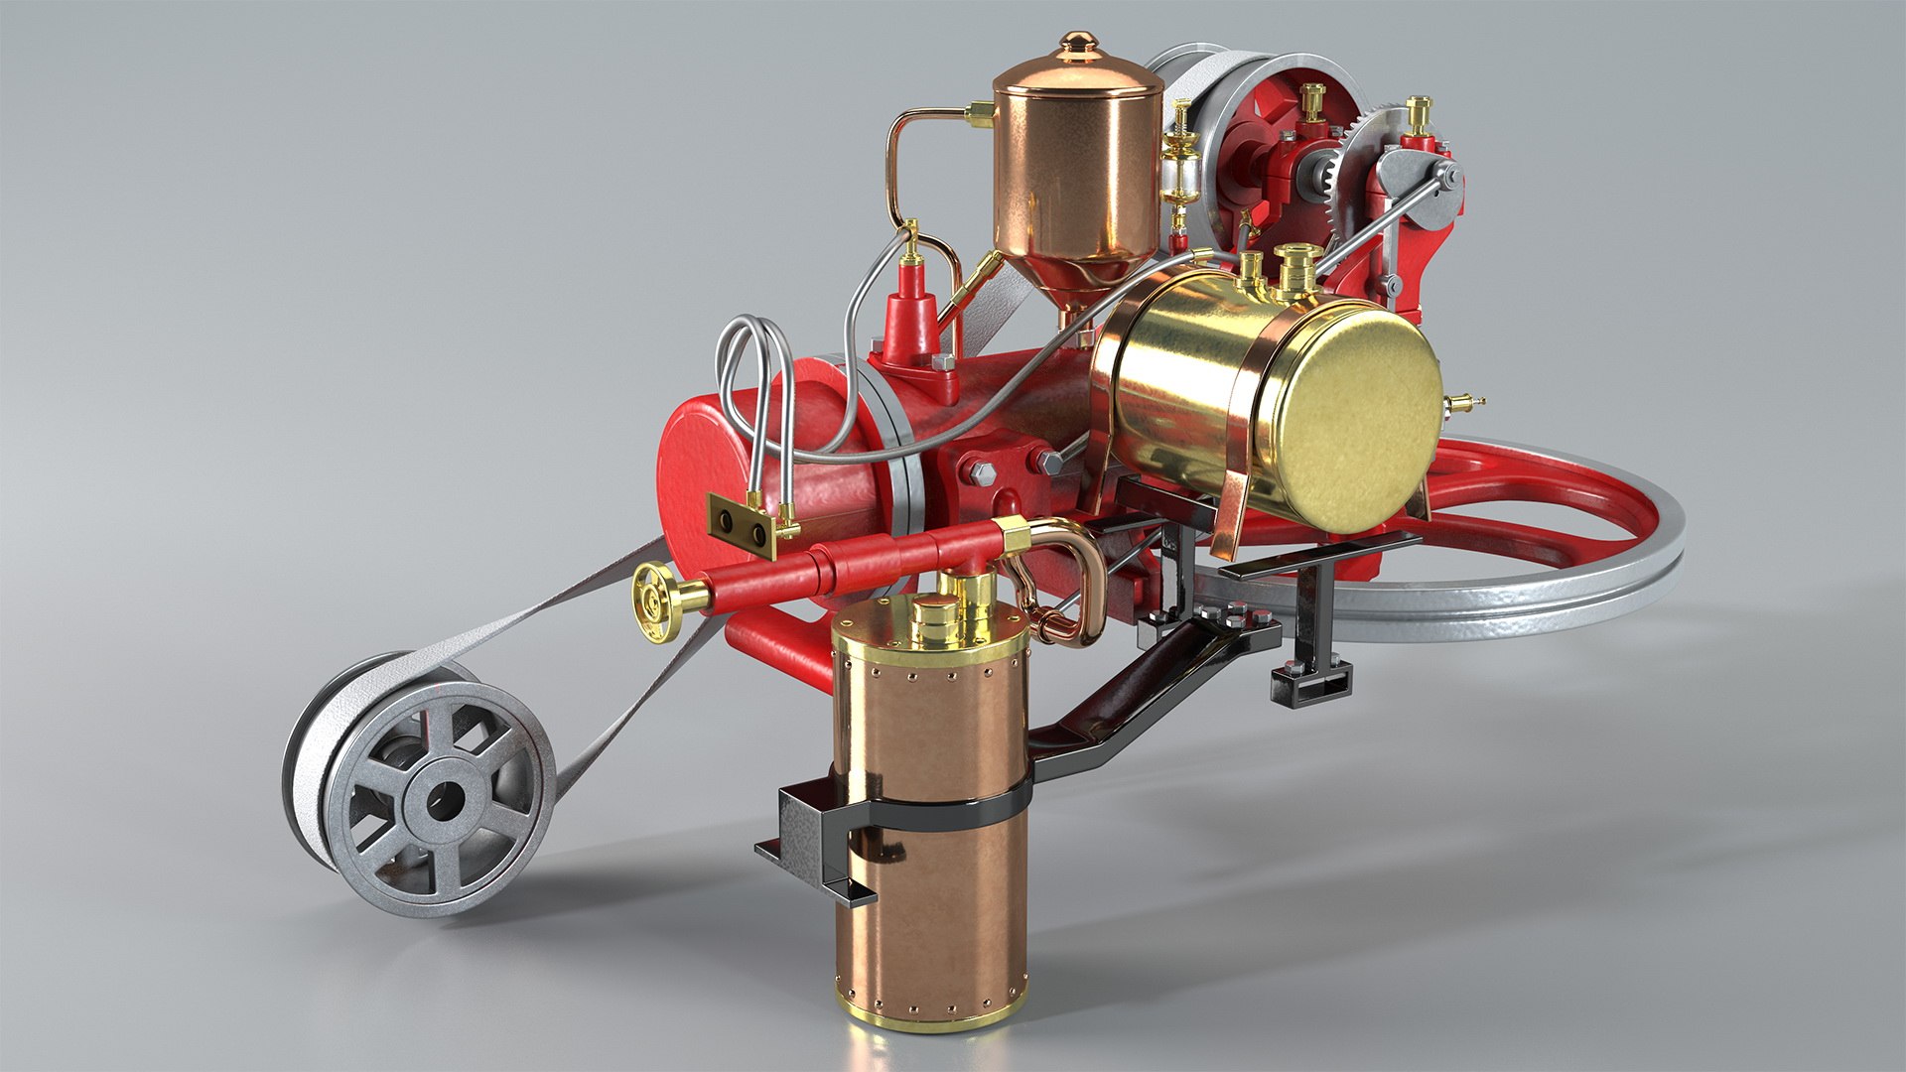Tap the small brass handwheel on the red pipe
tap(655, 600)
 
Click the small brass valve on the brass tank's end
tap(1462, 403)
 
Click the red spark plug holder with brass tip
tap(911, 308)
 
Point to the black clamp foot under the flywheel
tap(1311, 684)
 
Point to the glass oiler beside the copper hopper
tap(1180, 179)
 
